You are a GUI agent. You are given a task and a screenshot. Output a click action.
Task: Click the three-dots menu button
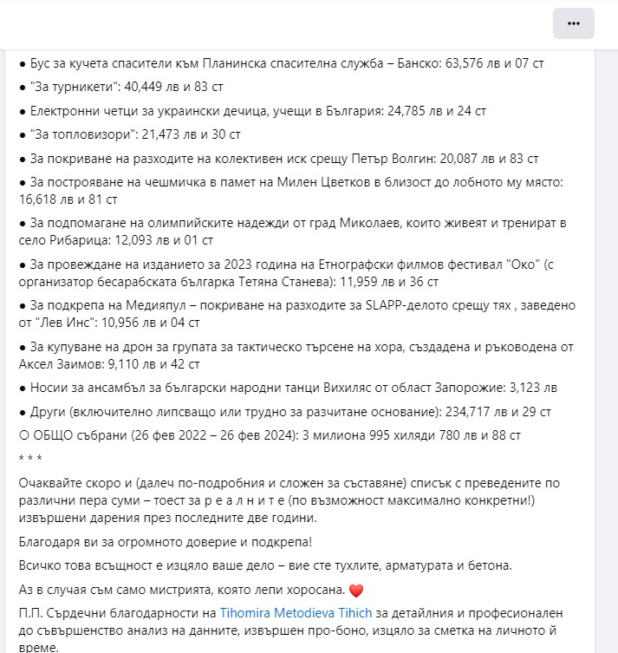tap(573, 23)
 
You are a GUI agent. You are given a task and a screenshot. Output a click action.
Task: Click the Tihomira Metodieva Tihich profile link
tap(296, 613)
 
